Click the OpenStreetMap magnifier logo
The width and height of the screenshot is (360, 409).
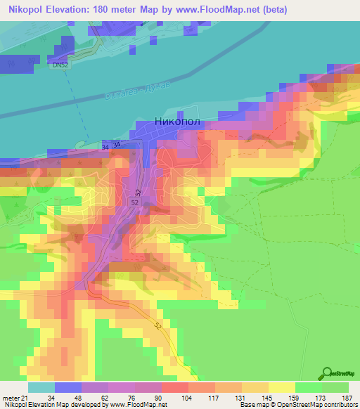tap(327, 375)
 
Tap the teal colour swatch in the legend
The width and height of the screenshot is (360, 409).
tap(41, 388)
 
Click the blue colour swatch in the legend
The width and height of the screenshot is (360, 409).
tap(68, 388)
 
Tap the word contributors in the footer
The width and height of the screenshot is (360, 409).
tap(337, 404)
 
